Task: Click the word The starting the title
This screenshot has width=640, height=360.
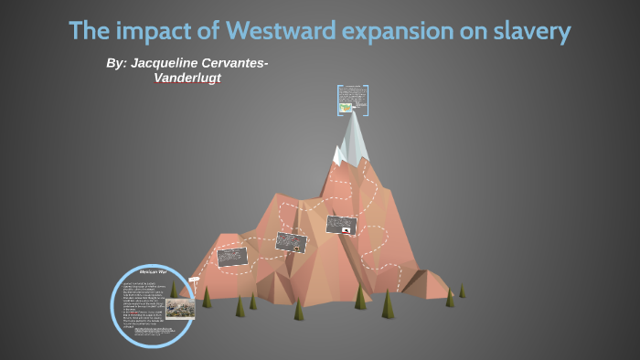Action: click(x=89, y=32)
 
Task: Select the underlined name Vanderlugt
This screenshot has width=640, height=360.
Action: click(x=187, y=78)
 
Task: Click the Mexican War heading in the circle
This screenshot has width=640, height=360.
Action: click(x=152, y=271)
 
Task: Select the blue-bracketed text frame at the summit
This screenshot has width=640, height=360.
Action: click(x=352, y=100)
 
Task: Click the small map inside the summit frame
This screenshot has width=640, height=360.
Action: click(x=346, y=108)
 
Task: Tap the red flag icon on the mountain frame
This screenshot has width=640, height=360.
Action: click(x=346, y=231)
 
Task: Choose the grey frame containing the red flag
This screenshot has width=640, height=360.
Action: click(x=340, y=225)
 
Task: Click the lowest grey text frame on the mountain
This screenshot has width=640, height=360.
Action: click(x=232, y=257)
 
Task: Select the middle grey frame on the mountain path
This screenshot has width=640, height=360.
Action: click(x=291, y=242)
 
